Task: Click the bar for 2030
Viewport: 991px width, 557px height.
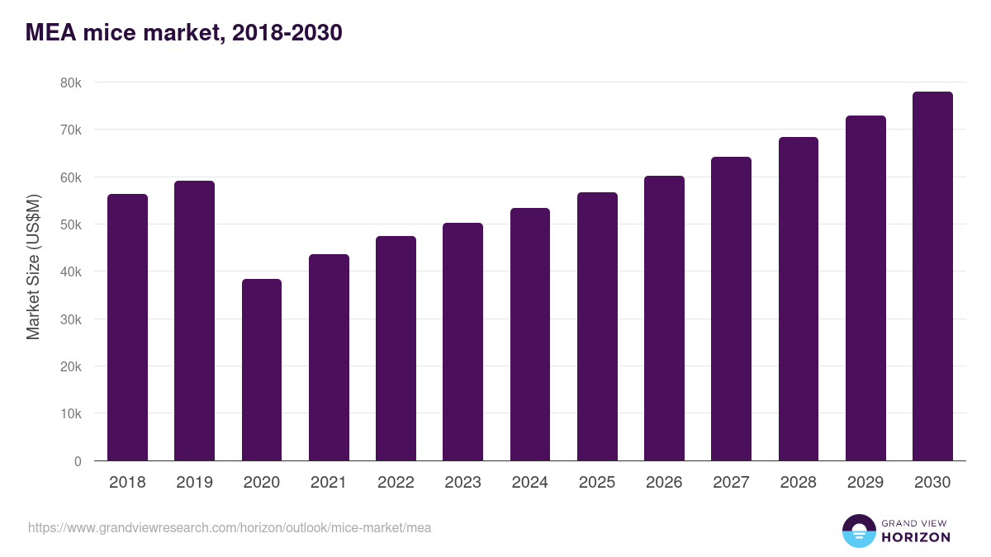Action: tap(932, 276)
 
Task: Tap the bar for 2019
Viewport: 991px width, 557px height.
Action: tap(194, 321)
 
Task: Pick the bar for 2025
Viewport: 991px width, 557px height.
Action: tap(597, 327)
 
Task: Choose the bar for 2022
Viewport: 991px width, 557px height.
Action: tap(396, 348)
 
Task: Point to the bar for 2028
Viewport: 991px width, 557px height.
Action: tap(798, 299)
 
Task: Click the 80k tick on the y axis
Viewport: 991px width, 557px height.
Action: tap(70, 83)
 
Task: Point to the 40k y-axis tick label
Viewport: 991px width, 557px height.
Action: tap(70, 271)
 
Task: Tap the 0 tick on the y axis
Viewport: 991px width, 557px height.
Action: tap(78, 461)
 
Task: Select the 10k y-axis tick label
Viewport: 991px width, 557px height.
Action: tap(70, 413)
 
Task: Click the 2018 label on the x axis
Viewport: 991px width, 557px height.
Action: tap(127, 483)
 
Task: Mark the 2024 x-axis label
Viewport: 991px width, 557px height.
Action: tap(529, 483)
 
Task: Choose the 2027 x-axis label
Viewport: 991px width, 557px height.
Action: tap(731, 483)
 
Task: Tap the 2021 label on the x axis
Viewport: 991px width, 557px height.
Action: tap(329, 483)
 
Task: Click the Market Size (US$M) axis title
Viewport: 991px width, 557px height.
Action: tap(33, 267)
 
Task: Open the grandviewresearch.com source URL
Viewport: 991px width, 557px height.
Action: tap(230, 527)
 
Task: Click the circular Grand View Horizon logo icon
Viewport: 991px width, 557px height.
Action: tap(858, 531)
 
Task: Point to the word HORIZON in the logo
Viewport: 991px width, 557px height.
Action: tap(916, 537)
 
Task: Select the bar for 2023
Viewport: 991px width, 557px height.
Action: tap(462, 342)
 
